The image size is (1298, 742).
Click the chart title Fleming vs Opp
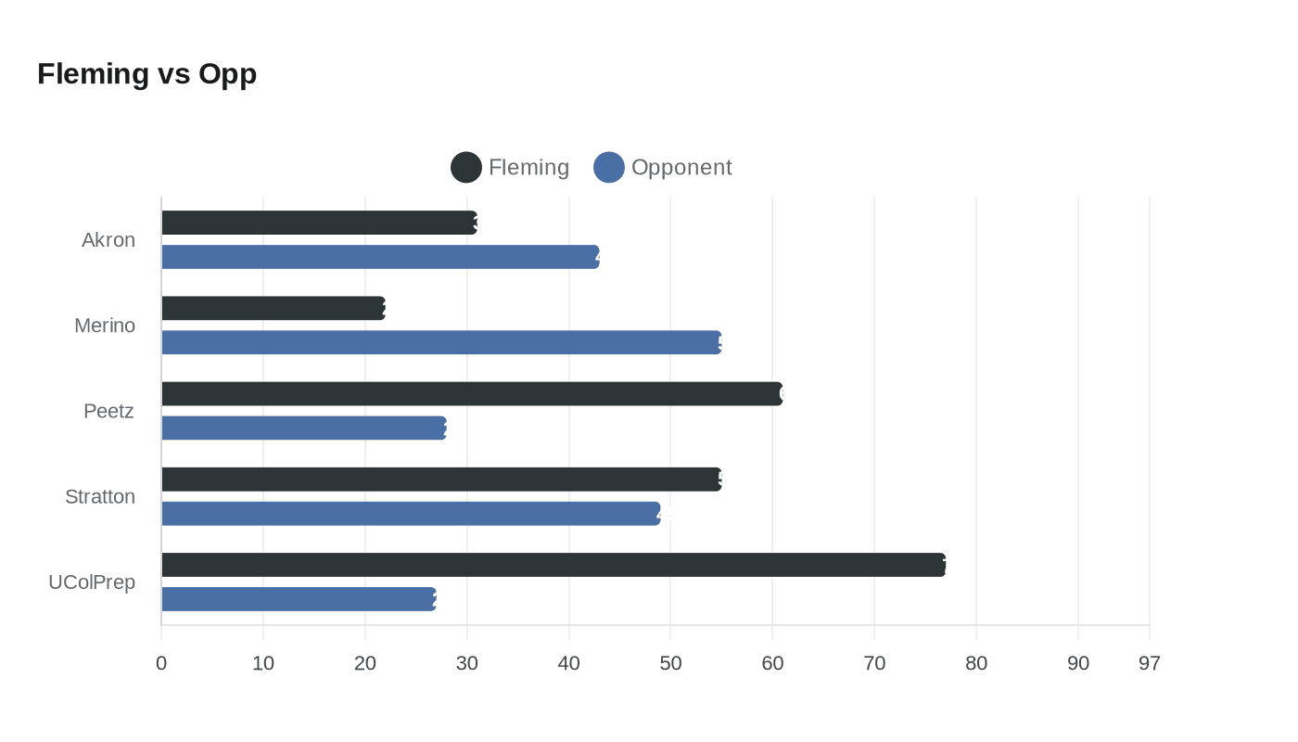[146, 73]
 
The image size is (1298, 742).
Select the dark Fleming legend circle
[466, 167]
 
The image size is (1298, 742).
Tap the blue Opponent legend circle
[609, 167]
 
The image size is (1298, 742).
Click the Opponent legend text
[681, 167]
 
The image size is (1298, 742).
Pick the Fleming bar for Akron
[319, 223]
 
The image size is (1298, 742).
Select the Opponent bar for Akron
[380, 257]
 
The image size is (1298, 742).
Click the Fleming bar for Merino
[274, 308]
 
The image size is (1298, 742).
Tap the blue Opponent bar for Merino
[441, 342]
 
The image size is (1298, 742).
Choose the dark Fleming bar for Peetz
[472, 393]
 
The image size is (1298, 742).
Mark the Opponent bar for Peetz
[304, 428]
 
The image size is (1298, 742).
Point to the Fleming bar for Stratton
[441, 480]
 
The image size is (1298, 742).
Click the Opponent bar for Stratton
[411, 514]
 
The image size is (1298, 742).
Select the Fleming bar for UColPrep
[554, 565]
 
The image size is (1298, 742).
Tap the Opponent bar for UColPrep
[299, 599]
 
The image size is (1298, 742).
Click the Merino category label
[105, 326]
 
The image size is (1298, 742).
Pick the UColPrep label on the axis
[92, 582]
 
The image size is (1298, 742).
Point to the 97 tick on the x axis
[1150, 663]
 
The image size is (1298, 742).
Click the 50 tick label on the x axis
[670, 663]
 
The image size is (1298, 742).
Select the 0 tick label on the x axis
[161, 663]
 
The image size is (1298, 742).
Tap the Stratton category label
[100, 496]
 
